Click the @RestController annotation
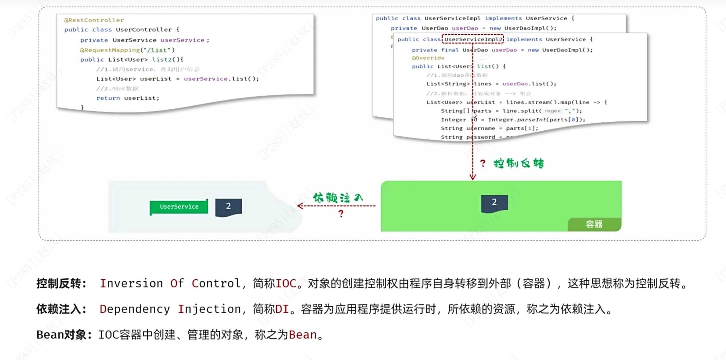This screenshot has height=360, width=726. [94, 20]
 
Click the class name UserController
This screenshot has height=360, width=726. [144, 30]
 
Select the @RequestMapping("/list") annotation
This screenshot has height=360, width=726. [127, 50]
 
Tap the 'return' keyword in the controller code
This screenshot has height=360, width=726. [108, 98]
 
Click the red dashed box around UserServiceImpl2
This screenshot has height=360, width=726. [473, 39]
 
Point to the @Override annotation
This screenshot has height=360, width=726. [428, 58]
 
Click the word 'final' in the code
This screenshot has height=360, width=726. [450, 50]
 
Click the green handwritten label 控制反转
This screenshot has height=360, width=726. [518, 163]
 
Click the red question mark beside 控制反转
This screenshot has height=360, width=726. [483, 163]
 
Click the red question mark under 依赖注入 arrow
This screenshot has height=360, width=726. [341, 214]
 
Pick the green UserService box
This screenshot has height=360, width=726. [179, 207]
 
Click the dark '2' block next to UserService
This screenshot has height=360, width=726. [228, 207]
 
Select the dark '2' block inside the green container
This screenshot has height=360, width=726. [494, 203]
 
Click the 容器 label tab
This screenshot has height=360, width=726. [594, 224]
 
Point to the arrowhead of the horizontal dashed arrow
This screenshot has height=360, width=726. [299, 206]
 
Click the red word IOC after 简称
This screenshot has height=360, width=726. [286, 283]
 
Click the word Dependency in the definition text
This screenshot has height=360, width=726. [135, 309]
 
